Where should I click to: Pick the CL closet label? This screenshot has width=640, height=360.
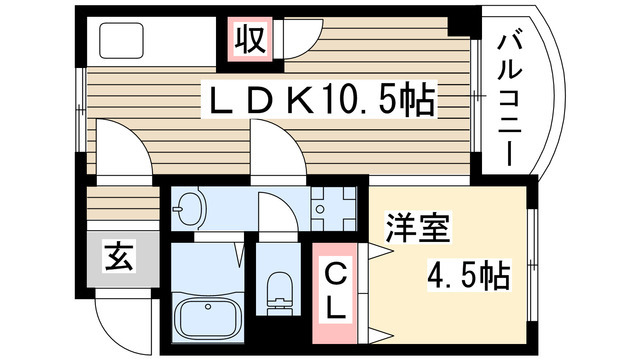338,289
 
